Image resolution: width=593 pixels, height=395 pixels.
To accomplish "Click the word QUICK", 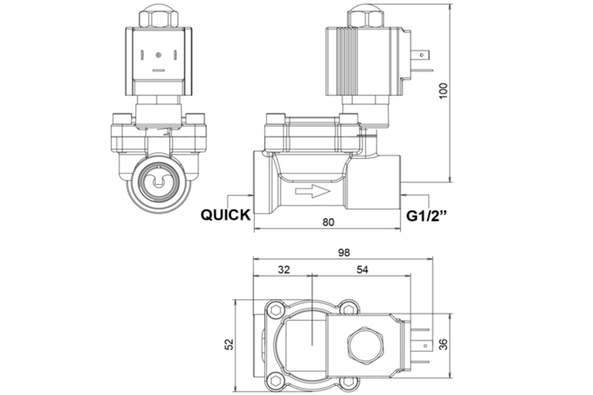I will click(x=225, y=215).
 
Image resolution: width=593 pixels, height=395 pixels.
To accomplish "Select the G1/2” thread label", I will click(x=426, y=216).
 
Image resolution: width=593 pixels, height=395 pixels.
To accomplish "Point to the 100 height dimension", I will click(x=444, y=91).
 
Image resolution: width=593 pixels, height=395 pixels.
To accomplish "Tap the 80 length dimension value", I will click(x=328, y=222).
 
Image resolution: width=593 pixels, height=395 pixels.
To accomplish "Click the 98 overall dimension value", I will click(x=344, y=252).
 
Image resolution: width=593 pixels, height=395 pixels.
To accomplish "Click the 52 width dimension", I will click(x=229, y=344).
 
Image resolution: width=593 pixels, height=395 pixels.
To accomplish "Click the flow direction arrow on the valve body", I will click(x=312, y=192).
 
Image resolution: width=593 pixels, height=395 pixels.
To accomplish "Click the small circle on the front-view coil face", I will click(x=158, y=54).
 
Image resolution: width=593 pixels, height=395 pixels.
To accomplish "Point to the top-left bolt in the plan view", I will click(x=274, y=311).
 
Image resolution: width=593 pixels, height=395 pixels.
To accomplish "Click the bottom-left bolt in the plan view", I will click(x=274, y=379).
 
